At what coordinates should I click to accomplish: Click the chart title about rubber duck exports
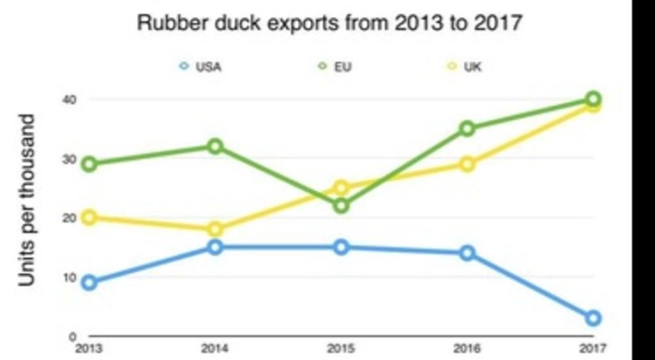point(330,24)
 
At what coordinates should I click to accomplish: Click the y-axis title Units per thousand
point(26,200)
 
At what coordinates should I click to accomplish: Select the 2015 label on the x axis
point(342,349)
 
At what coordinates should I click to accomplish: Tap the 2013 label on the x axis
point(89,349)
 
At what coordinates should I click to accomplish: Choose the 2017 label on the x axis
point(593,349)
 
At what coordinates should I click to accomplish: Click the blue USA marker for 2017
point(593,318)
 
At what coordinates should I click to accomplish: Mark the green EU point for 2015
point(342,206)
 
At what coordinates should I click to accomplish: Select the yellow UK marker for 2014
point(216,230)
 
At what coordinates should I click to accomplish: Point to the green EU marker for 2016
point(468,129)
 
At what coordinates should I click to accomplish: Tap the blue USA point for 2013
point(90,283)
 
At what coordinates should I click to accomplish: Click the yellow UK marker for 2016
point(468,164)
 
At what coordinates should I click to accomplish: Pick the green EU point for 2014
point(216,146)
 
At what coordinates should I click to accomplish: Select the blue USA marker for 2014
point(216,247)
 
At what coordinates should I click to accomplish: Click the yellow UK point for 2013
point(90,217)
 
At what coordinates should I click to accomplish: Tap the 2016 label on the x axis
point(468,349)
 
